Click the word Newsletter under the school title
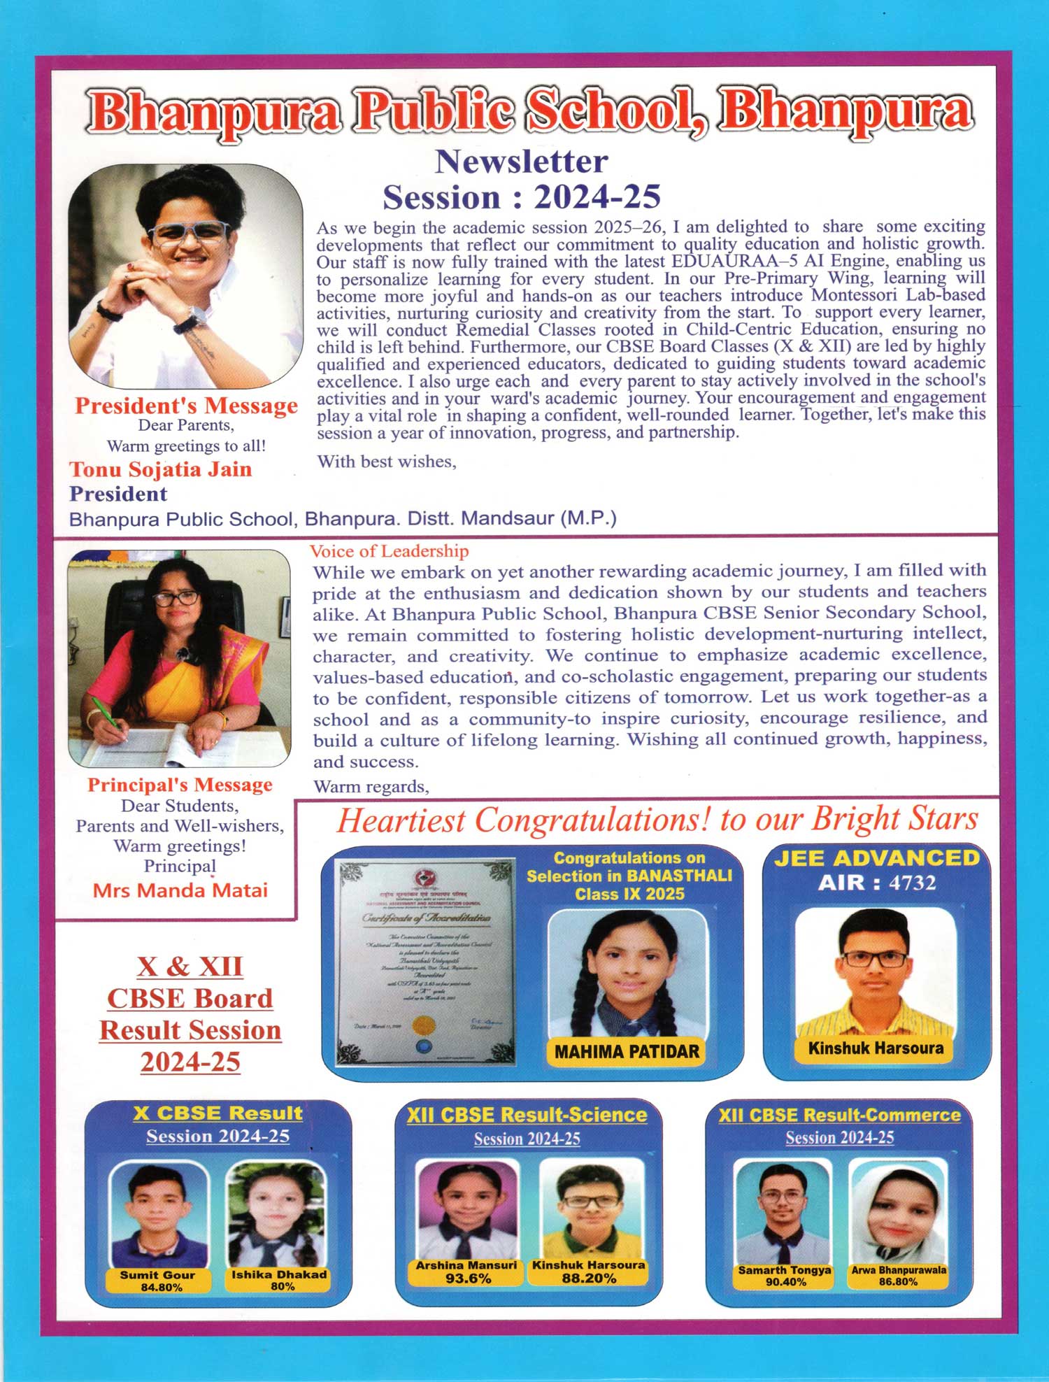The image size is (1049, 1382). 521,162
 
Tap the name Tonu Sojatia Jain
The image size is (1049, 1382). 160,469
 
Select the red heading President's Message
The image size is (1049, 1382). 186,406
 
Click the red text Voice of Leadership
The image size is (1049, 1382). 389,551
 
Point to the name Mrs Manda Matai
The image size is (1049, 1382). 180,890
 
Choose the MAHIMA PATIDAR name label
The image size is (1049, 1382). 627,1051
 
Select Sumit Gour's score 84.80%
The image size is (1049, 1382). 161,1288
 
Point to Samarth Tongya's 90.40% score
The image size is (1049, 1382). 785,1282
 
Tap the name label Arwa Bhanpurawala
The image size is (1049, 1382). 899,1269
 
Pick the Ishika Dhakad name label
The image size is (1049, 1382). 279,1274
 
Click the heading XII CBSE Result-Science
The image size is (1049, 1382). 527,1115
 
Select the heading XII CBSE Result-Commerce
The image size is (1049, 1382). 839,1115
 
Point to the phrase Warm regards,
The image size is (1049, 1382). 371,787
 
